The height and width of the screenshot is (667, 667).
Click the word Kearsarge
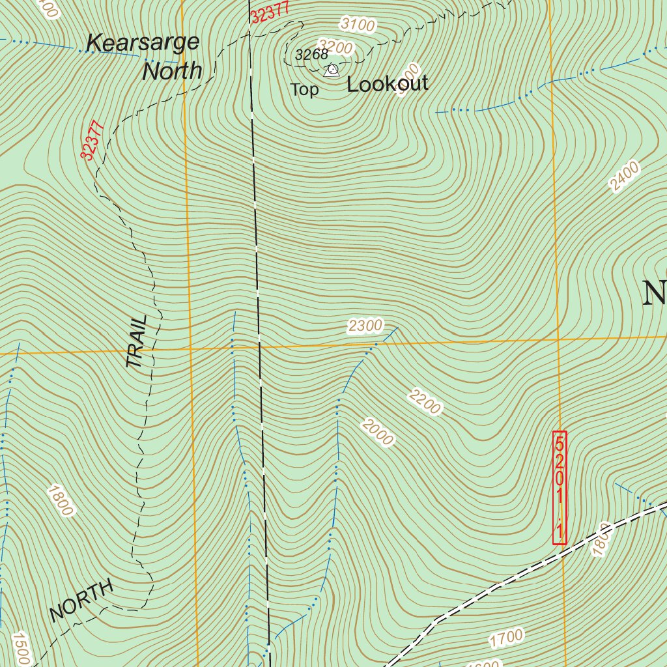pos(143,43)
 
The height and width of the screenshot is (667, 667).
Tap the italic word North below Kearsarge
pos(172,71)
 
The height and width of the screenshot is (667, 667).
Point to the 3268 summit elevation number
pos(311,55)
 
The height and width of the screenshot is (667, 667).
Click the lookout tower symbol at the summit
pos(332,69)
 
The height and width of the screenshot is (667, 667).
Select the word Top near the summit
pos(304,90)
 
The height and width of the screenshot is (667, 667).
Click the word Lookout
pos(388,84)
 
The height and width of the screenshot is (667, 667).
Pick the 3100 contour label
pos(358,25)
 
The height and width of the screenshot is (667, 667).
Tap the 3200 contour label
pos(336,47)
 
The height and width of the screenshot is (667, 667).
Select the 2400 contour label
pos(624,177)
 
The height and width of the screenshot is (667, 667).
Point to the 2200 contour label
pos(425,401)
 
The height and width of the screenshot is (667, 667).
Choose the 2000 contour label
pos(378,433)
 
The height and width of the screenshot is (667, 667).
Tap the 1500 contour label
pos(20,649)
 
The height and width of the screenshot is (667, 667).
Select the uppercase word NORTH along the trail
pos(81,601)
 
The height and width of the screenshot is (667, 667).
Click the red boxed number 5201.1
pos(560,487)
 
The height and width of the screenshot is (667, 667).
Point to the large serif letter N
pos(654,293)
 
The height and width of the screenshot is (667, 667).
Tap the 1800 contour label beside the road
pos(600,539)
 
